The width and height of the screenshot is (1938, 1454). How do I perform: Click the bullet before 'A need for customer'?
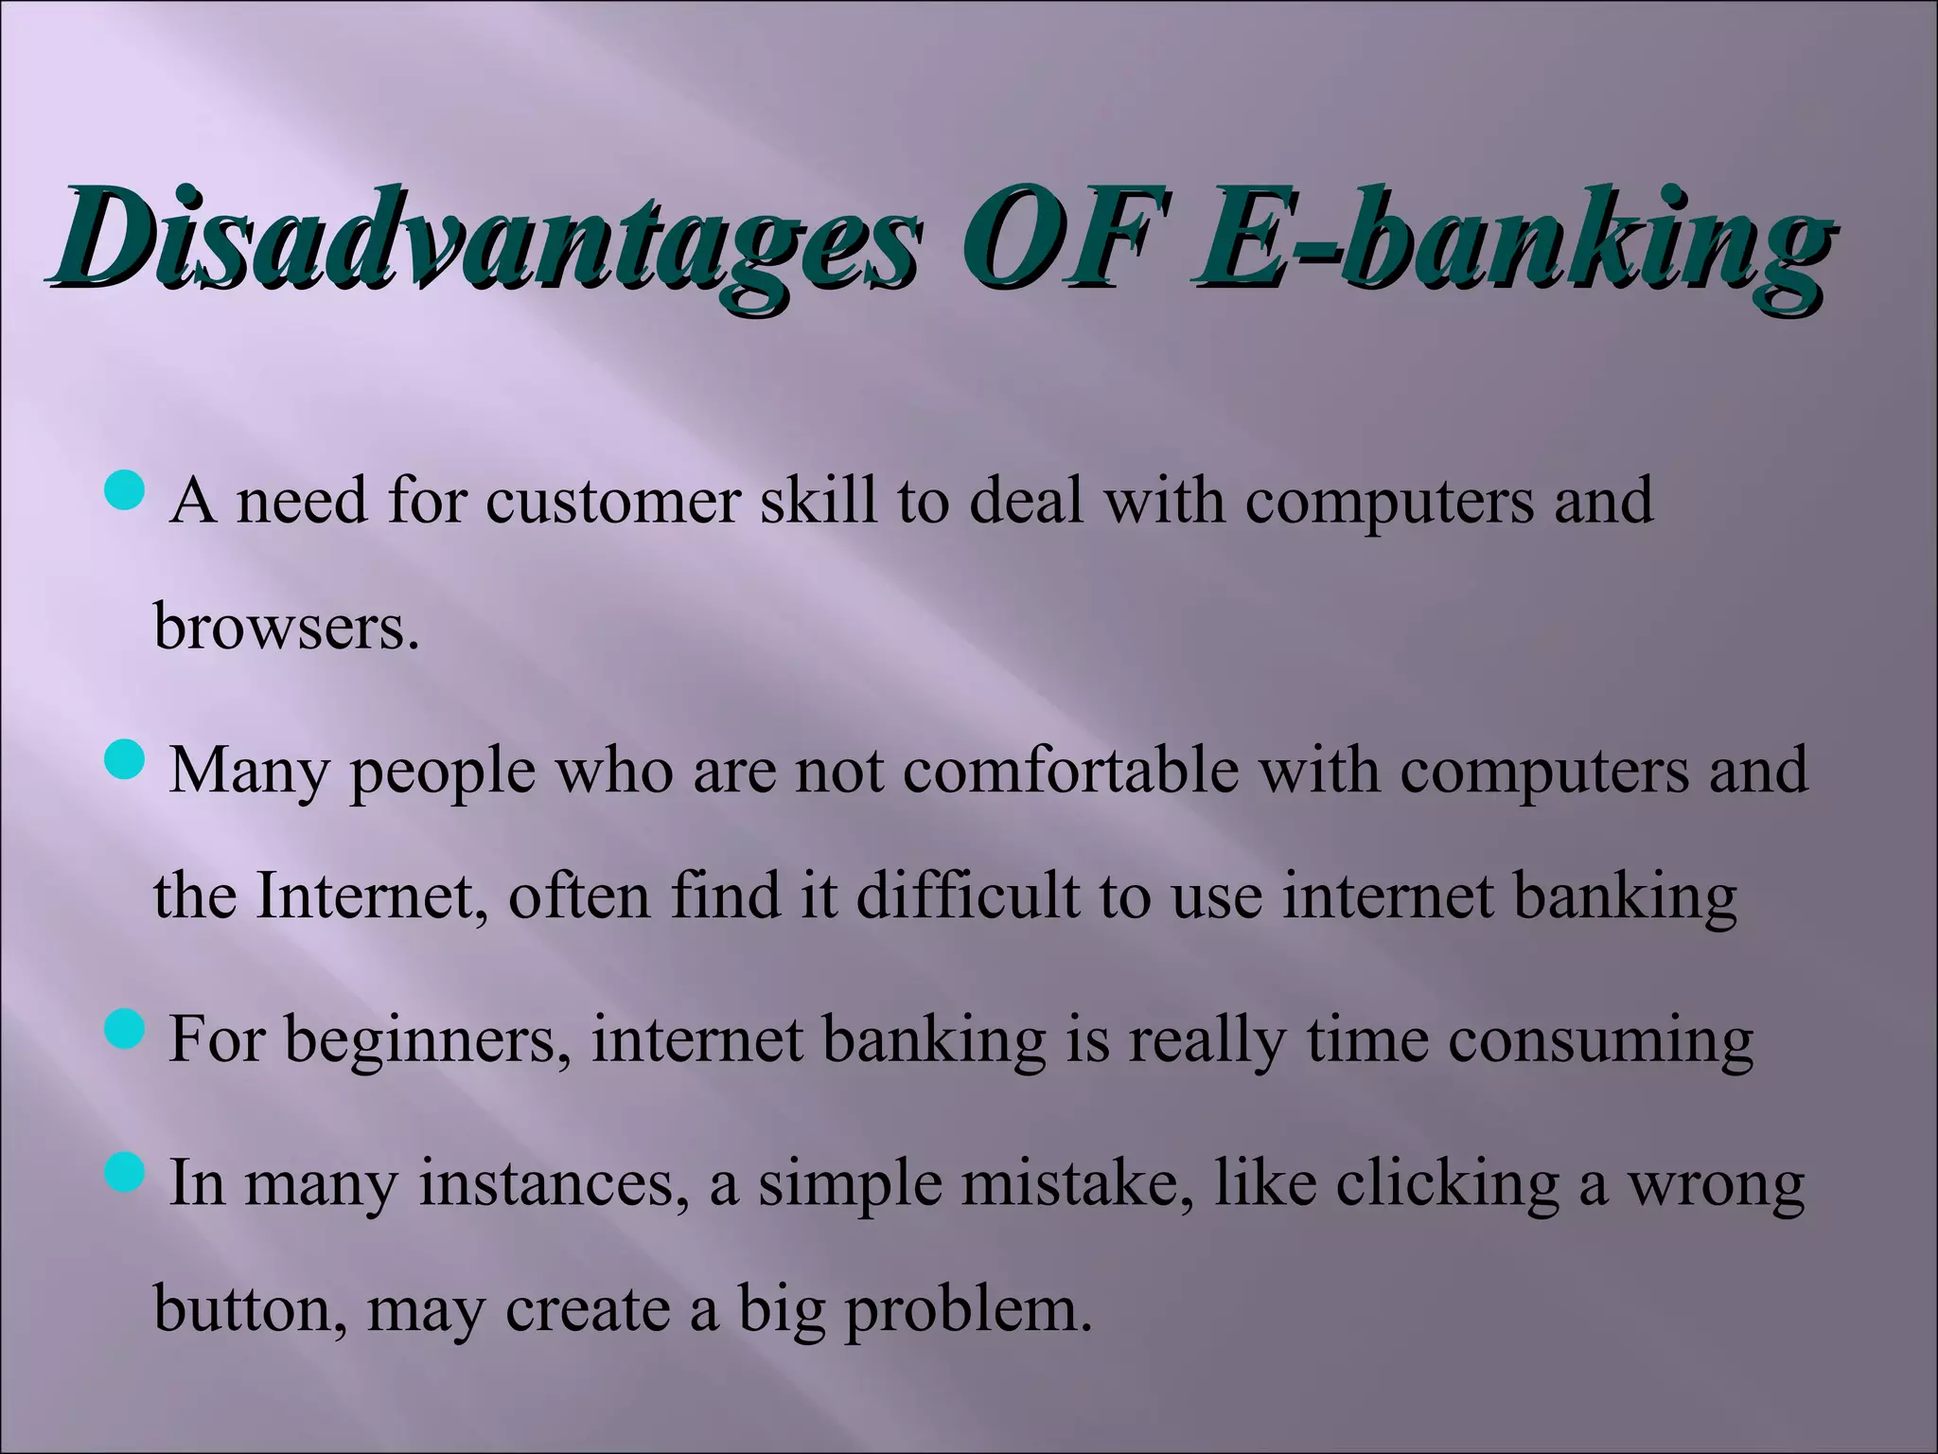(x=124, y=491)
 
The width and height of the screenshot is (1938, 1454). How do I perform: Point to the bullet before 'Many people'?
(x=124, y=760)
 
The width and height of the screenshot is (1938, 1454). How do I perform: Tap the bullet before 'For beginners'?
(x=124, y=1030)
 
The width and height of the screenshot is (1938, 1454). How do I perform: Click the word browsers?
(x=286, y=628)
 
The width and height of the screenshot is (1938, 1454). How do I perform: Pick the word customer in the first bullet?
(x=612, y=502)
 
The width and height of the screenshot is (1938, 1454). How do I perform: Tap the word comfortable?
(x=1070, y=770)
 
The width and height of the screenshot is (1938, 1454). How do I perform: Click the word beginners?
(x=428, y=1041)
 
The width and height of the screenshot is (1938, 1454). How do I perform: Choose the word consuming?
(x=1600, y=1041)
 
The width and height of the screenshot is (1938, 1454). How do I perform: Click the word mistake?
(x=1079, y=1183)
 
